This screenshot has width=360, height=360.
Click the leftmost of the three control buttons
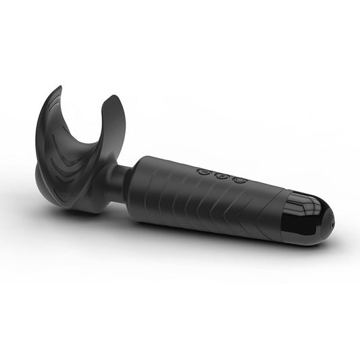203,172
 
